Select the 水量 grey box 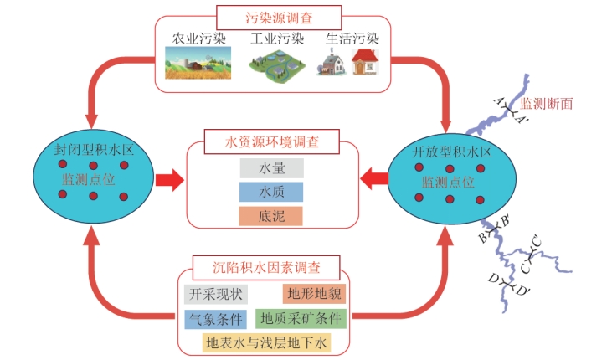(270, 167)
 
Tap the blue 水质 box (270, 192)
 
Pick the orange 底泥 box (270, 216)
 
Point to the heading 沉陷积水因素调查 (267, 268)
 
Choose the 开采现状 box (212, 295)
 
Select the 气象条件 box (213, 319)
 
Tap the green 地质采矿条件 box (301, 319)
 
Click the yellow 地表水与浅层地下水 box (267, 342)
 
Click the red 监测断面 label (547, 104)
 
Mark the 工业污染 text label (273, 39)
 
